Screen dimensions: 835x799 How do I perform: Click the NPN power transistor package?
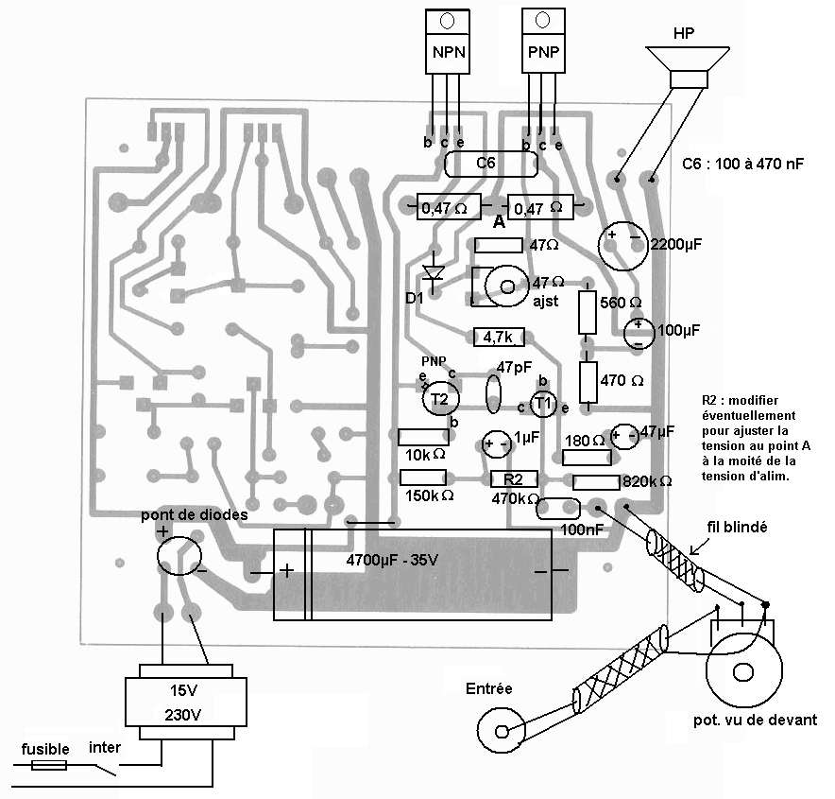[x=448, y=42]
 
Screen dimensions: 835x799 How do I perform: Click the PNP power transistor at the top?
[x=543, y=41]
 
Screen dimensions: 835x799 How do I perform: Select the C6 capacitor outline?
[x=491, y=164]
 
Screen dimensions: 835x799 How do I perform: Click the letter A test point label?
[x=499, y=222]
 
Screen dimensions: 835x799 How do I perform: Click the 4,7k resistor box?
[x=499, y=337]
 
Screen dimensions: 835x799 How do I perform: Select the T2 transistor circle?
[x=440, y=399]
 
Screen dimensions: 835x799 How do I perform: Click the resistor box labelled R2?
[x=514, y=479]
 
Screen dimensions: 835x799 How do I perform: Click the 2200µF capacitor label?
[x=676, y=245]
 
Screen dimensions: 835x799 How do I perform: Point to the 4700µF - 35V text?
[x=392, y=560]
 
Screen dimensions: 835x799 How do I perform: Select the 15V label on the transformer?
[x=184, y=691]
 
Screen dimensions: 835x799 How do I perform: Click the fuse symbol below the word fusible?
[x=49, y=766]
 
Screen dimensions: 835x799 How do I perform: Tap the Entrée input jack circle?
[x=502, y=730]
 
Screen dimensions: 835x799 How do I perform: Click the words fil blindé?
[x=737, y=528]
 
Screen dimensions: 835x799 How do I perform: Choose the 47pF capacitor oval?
[x=493, y=394]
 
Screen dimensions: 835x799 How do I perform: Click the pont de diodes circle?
[x=179, y=556]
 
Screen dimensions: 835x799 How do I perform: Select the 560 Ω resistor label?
[x=621, y=303]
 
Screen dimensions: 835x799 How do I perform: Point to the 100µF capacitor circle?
[x=639, y=333]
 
